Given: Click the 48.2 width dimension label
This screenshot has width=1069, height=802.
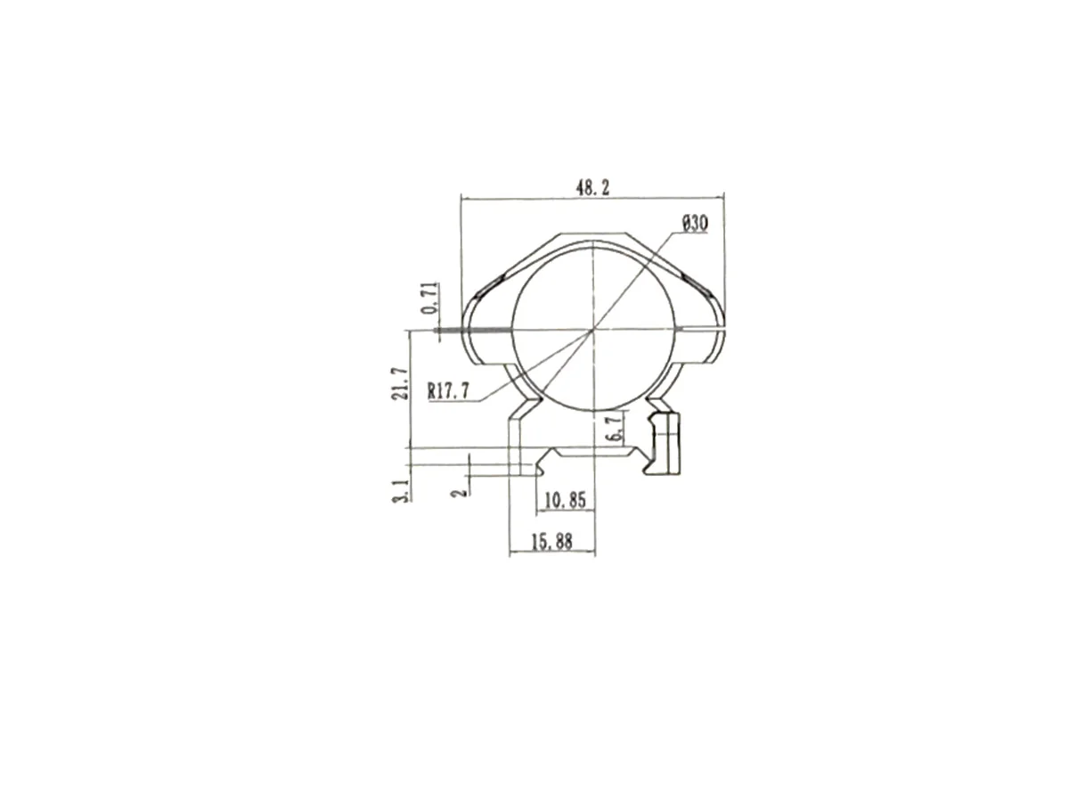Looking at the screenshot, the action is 592,187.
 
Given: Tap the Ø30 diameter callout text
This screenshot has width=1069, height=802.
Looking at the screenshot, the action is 695,224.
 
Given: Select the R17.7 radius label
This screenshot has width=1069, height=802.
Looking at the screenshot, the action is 449,391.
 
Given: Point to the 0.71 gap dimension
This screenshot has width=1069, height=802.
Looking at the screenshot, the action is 431,298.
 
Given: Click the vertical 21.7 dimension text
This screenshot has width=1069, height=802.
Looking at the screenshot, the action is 399,384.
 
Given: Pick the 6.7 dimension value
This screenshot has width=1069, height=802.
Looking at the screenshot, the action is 616,427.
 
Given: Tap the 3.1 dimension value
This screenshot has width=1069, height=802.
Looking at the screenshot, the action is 401,490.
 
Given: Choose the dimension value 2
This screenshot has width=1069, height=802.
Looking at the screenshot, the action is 460,492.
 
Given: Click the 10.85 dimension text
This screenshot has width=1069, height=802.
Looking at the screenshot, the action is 565,500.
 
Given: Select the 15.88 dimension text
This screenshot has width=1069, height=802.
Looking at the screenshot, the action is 551,542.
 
